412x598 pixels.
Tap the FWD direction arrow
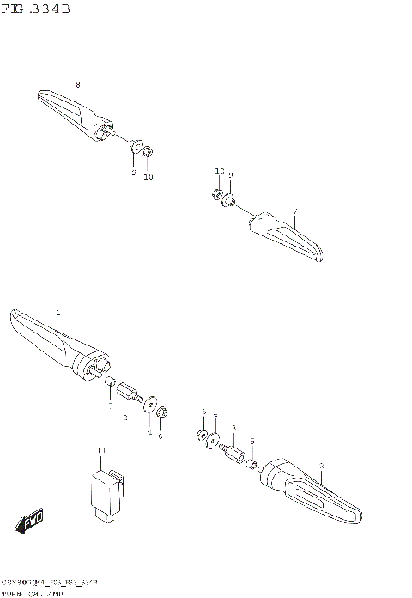pyautogui.click(x=30, y=522)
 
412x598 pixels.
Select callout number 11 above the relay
pyautogui.click(x=100, y=451)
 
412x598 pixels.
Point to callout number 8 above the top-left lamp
pyautogui.click(x=77, y=84)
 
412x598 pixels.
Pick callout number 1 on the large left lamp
pyautogui.click(x=58, y=313)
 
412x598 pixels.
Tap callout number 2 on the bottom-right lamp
pyautogui.click(x=321, y=467)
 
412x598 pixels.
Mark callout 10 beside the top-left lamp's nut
pyautogui.click(x=148, y=177)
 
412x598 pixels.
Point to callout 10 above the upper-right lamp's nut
pyautogui.click(x=219, y=172)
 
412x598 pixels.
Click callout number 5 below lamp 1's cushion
pyautogui.click(x=111, y=406)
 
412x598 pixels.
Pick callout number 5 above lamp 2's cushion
pyautogui.click(x=251, y=441)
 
